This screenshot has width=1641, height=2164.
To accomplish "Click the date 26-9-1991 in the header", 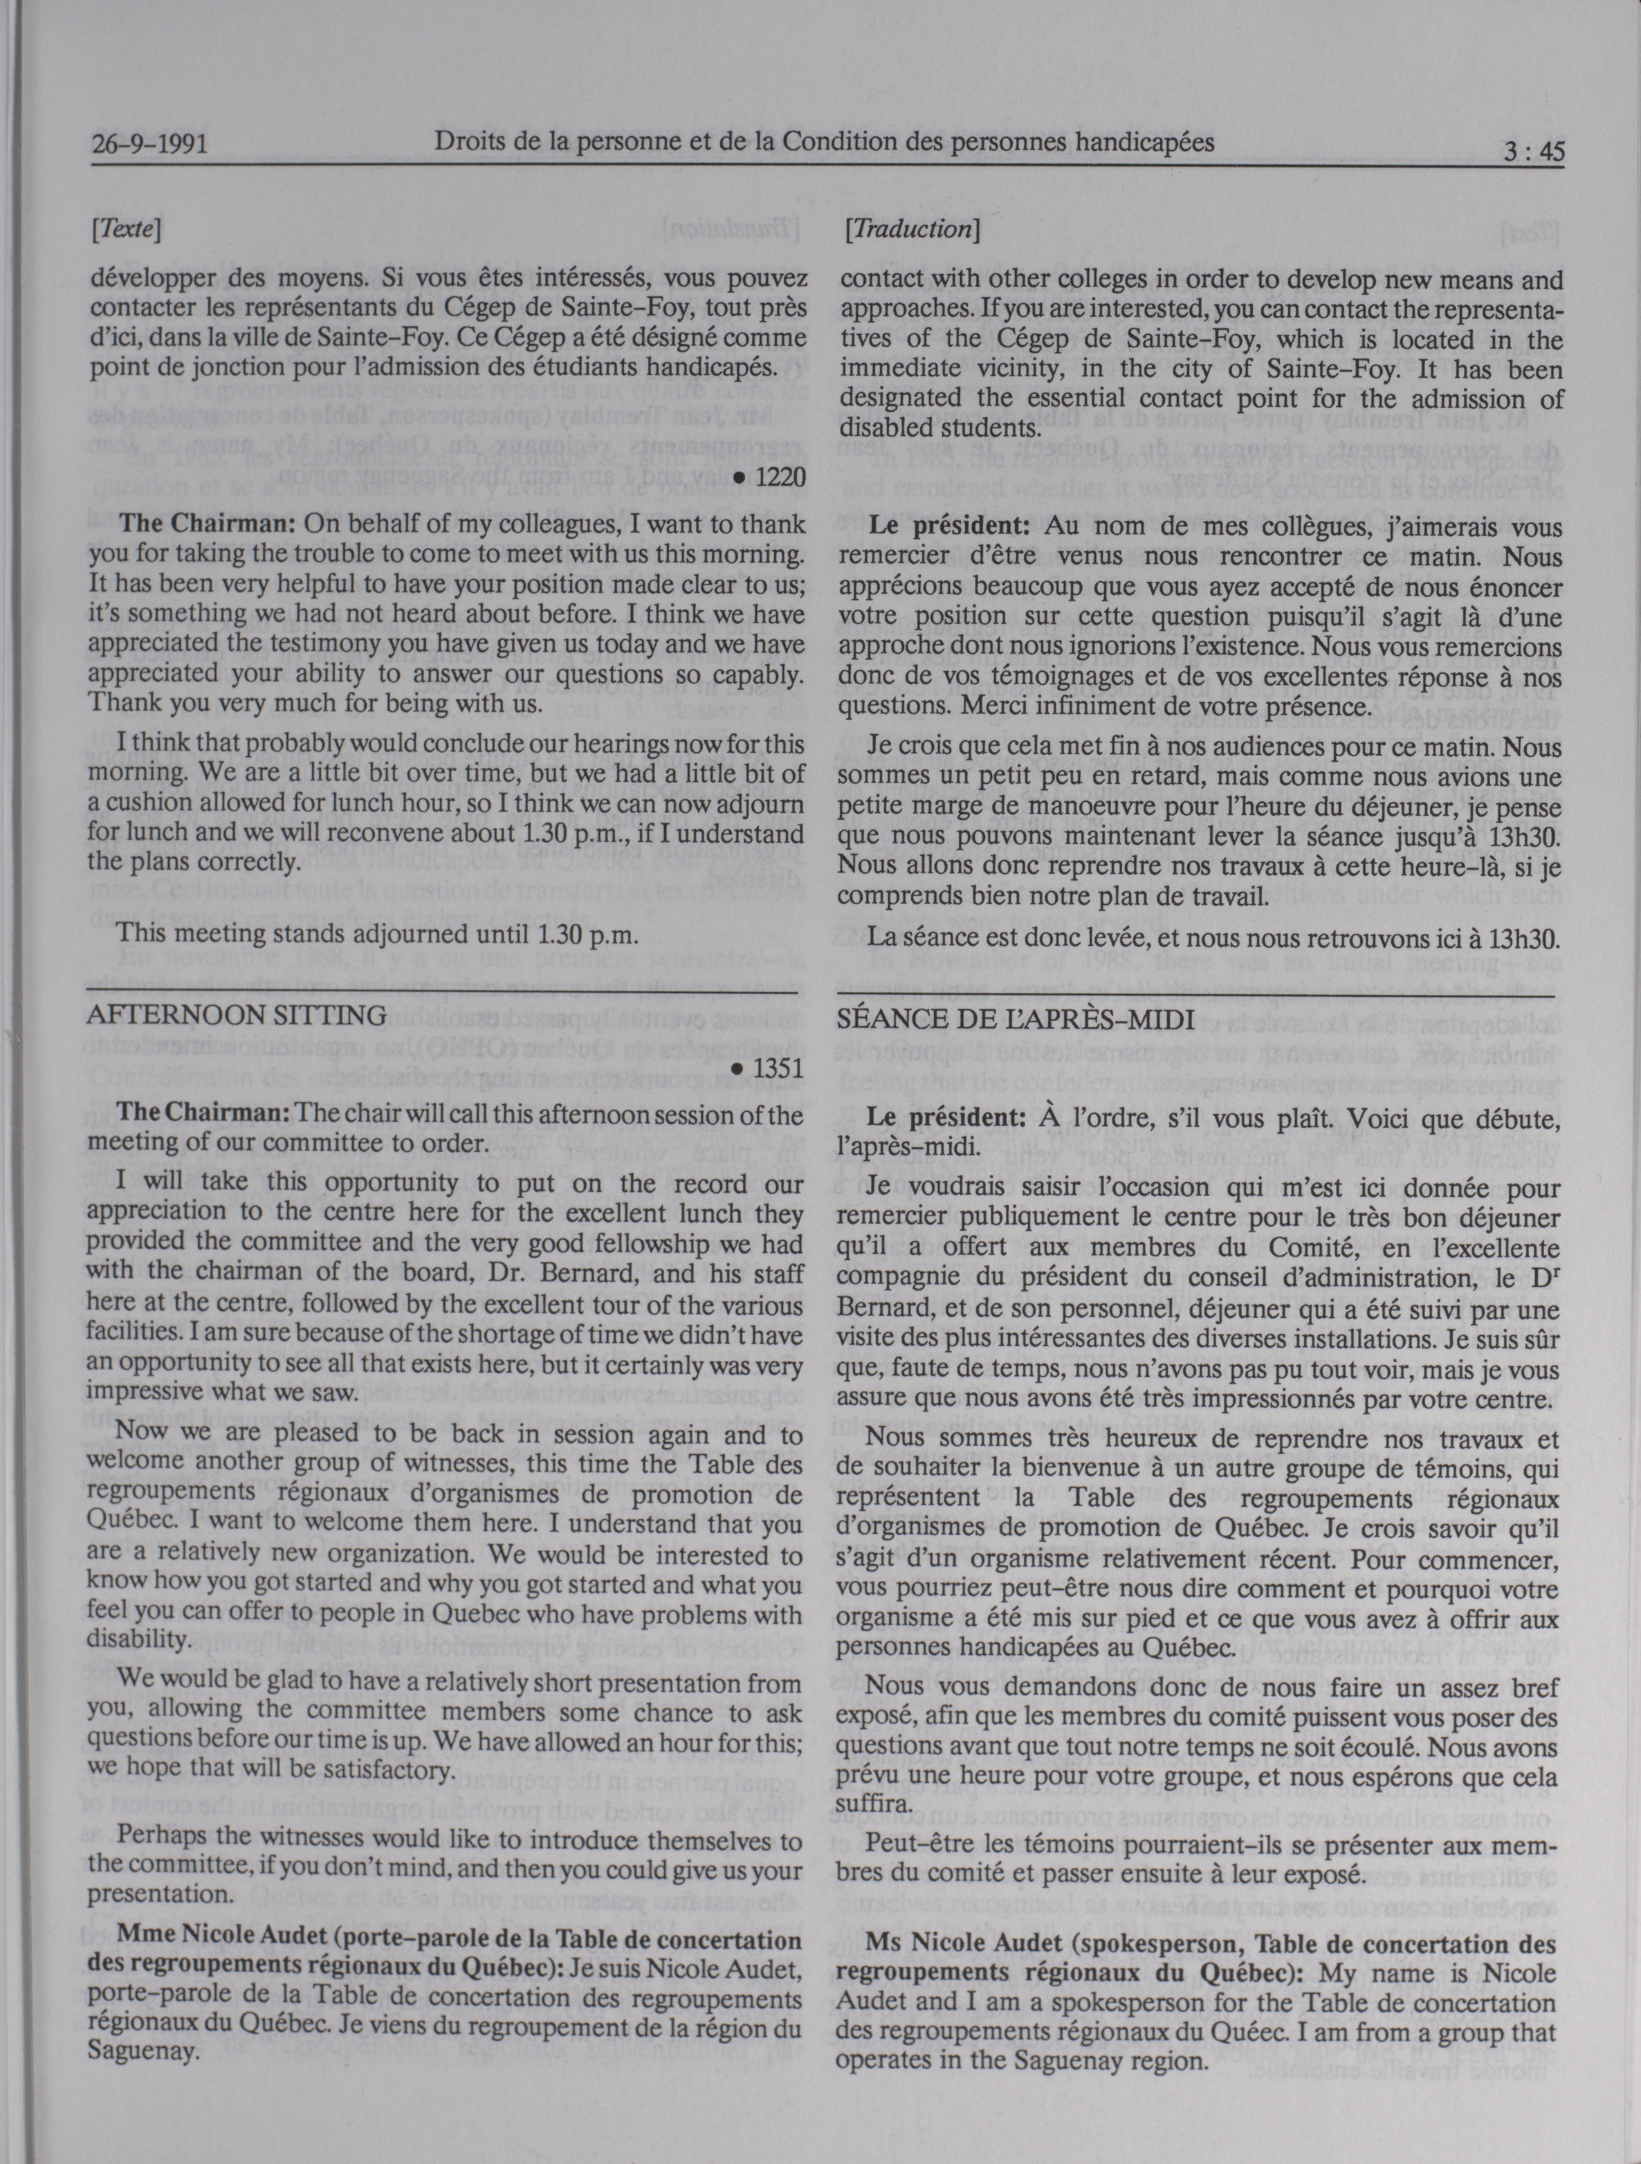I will coord(149,147).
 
